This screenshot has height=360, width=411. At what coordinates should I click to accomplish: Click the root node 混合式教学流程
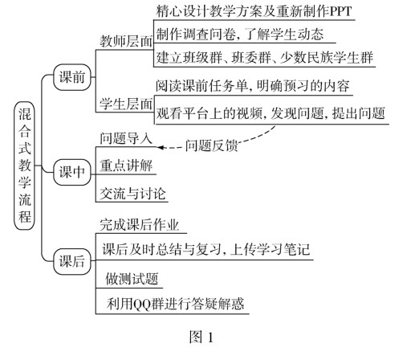coord(24,166)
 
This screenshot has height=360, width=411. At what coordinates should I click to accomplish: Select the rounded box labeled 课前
coord(72,77)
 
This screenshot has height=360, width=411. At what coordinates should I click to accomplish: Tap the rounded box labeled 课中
coord(72,172)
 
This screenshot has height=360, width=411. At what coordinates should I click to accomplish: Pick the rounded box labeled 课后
coord(72,261)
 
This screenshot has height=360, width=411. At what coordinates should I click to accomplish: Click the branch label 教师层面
coord(126,42)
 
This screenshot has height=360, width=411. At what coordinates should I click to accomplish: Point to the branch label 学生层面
coord(126,104)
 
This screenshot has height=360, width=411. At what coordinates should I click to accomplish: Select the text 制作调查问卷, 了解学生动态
coord(240,35)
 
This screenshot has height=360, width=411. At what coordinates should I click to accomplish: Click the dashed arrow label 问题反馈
coord(211,145)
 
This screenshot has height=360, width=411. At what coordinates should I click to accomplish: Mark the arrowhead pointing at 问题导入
coord(160,147)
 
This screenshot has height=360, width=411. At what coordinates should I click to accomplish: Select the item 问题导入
coord(126,138)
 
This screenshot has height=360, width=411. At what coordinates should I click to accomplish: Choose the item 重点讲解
coord(126,166)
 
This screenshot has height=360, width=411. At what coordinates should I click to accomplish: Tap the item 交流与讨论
coord(132,194)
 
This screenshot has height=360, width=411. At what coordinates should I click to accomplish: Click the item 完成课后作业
coord(139,224)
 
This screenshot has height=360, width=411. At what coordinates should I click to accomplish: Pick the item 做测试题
coord(132,279)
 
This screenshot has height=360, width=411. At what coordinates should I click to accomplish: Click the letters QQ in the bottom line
coord(141,304)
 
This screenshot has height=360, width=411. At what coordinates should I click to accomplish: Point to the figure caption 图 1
coord(201,337)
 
